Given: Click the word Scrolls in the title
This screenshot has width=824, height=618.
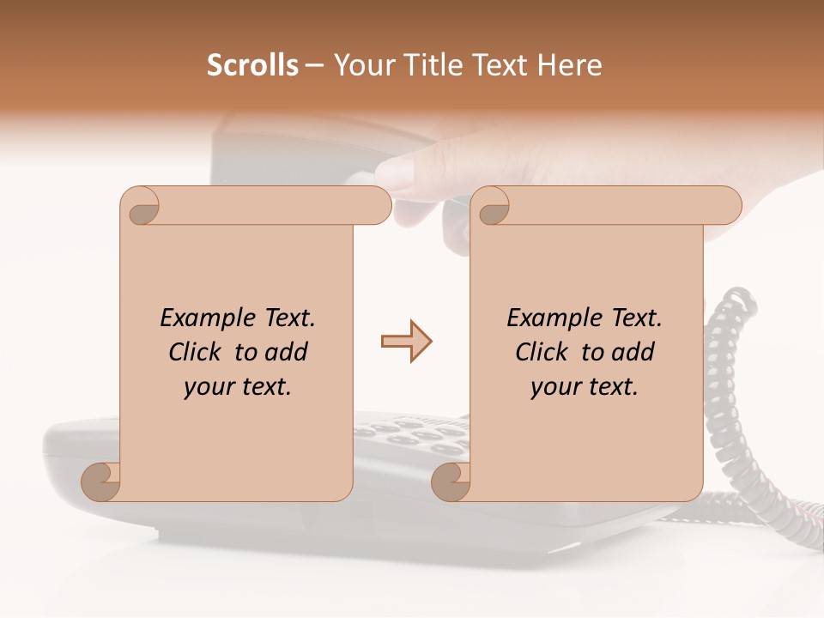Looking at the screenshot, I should point(252,65).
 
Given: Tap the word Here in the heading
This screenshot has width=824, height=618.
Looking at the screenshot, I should point(570,65).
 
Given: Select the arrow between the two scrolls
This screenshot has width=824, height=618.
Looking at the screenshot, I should point(406,342).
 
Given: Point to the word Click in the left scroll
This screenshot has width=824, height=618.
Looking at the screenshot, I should point(197,352).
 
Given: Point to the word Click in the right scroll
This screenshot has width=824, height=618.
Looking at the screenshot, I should point(544,352).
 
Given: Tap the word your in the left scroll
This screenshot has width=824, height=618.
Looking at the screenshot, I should point(208,387).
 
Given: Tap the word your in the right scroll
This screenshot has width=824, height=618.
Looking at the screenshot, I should point(554,387).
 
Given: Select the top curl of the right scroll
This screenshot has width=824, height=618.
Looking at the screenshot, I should point(492,206).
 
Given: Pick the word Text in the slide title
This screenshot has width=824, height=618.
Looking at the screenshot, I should point(498,65).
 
